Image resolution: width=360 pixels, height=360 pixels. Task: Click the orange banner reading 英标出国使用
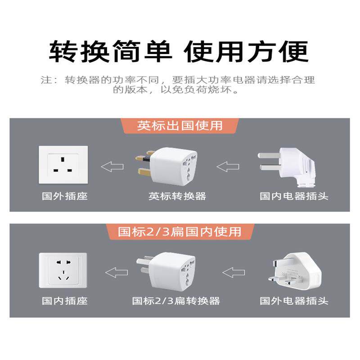tap(180, 126)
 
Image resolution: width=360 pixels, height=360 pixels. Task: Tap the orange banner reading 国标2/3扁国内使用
tap(180, 232)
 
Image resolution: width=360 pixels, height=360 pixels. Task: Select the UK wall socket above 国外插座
tap(63, 165)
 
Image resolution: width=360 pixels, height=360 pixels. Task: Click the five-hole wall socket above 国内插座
tap(63, 270)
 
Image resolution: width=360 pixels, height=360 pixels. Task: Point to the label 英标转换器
tap(177, 196)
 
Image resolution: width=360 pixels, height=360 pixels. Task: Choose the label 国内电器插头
tap(294, 196)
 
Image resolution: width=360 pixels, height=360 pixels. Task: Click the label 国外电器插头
tap(294, 301)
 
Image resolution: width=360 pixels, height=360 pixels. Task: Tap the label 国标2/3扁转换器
tap(176, 301)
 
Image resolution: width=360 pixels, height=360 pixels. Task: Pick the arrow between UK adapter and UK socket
tap(112, 166)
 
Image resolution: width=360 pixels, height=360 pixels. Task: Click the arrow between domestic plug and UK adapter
tap(228, 166)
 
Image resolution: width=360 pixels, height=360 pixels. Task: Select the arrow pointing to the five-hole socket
tap(117, 272)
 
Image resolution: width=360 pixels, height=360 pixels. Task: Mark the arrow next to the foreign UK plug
tap(234, 272)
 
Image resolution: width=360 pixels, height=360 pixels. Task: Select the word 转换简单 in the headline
tap(110, 51)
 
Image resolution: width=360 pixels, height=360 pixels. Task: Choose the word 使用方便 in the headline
tap(246, 51)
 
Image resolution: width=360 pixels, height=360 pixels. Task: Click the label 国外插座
tap(65, 196)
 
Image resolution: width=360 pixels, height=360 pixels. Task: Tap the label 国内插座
tap(65, 301)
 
